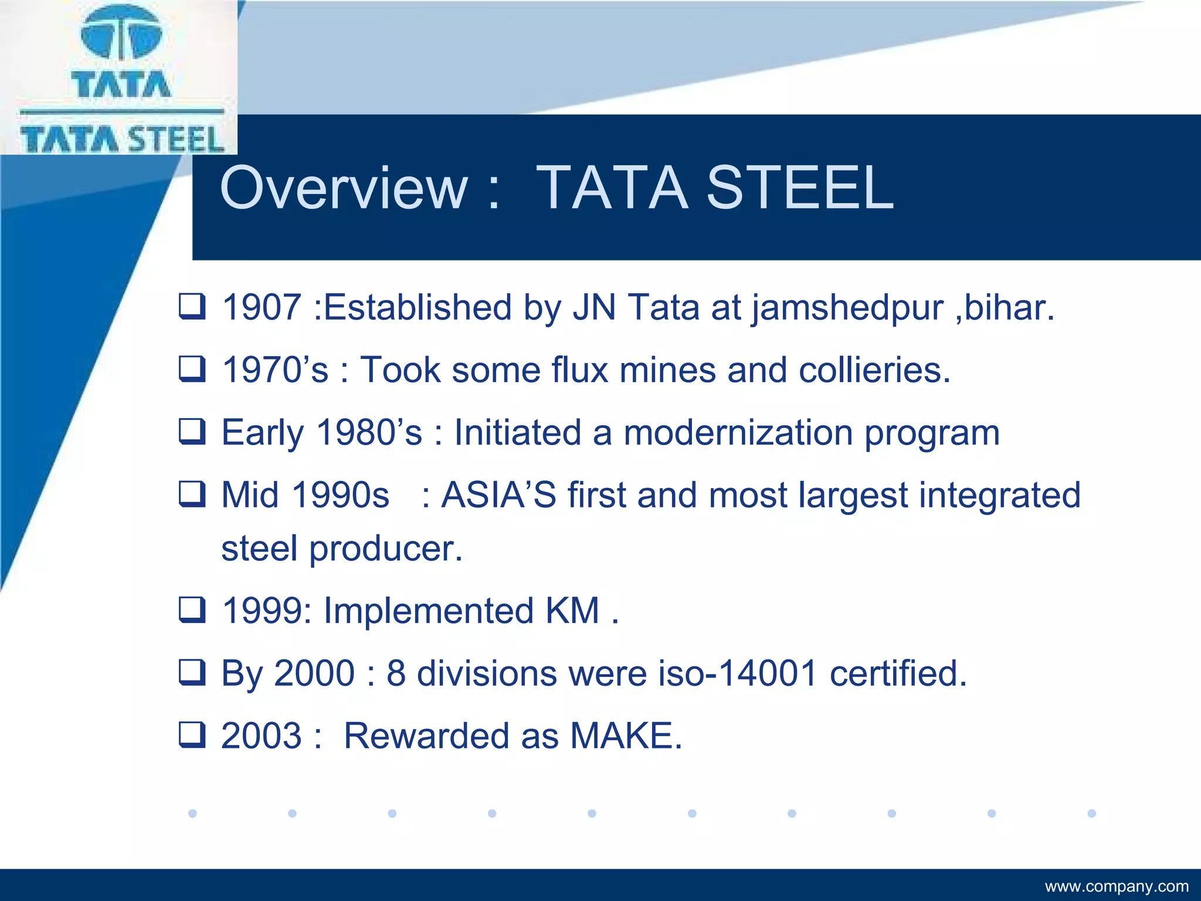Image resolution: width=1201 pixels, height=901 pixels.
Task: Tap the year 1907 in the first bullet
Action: click(262, 307)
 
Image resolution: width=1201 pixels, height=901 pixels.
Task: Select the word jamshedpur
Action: click(847, 309)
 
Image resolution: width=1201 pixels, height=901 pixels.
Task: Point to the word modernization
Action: click(738, 433)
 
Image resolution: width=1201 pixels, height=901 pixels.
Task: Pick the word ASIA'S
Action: click(498, 495)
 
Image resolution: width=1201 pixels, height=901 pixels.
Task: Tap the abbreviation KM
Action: click(572, 611)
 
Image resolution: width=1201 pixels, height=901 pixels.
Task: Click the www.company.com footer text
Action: click(1117, 886)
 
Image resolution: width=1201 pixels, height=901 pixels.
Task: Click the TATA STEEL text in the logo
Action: click(122, 140)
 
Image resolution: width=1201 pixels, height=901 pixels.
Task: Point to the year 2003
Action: click(262, 736)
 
